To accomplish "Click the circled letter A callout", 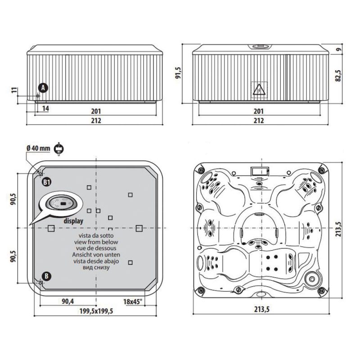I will pos(42,88).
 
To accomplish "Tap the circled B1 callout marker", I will pos(47,182).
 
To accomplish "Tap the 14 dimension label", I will pos(46,108).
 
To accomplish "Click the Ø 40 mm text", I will pos(39,148).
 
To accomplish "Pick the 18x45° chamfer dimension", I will pos(133,301).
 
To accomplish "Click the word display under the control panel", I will pos(72,221).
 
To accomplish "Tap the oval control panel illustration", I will pos(61,203).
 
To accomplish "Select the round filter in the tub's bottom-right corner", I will pos(311,279).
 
